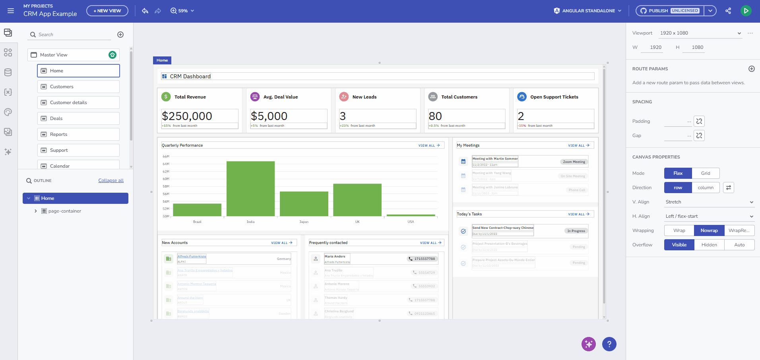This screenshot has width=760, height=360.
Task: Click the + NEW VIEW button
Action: coord(107,11)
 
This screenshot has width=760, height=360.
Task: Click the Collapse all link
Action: coord(111,180)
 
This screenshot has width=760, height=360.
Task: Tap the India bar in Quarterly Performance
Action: coord(250,189)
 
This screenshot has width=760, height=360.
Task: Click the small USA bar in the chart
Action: coord(411,215)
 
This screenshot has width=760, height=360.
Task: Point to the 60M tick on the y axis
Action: coord(166,179)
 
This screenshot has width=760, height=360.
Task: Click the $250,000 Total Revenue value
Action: coord(187,116)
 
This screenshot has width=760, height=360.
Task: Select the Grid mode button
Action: coord(705,173)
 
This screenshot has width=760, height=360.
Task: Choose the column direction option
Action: coord(705,188)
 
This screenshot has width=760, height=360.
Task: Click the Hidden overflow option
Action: coord(709,245)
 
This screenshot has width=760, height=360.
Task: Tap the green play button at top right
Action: coord(746,11)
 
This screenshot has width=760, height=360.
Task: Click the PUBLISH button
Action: coord(658,11)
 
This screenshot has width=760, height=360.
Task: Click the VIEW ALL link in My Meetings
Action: coord(578,145)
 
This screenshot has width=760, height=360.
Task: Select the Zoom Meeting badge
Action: coord(574,162)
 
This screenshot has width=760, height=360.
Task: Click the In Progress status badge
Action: coord(576,231)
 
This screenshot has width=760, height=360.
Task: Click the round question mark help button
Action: coord(609,344)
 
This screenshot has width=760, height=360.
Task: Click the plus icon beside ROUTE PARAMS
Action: coord(751,69)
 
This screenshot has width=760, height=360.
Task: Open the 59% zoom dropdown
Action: coord(182,11)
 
